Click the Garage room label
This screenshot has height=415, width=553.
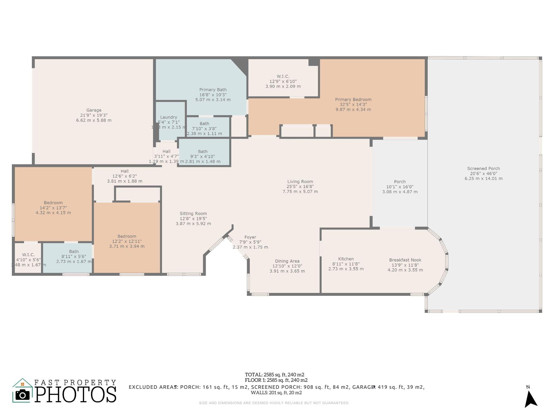pyautogui.click(x=94, y=110)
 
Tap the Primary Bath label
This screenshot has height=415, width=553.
pyautogui.click(x=213, y=90)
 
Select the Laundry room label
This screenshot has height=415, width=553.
pyautogui.click(x=168, y=117)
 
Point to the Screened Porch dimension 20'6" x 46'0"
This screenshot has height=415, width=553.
pyautogui.click(x=483, y=173)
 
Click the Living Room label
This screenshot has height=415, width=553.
pyautogui.click(x=300, y=182)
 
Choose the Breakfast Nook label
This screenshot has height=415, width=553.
pyautogui.click(x=405, y=260)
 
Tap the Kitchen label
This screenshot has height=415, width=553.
pyautogui.click(x=346, y=259)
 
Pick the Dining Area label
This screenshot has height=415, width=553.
pyautogui.click(x=287, y=261)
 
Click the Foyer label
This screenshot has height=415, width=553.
pyautogui.click(x=250, y=237)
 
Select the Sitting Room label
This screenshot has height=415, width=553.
pyautogui.click(x=193, y=213)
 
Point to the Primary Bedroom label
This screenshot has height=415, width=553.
pyautogui.click(x=353, y=99)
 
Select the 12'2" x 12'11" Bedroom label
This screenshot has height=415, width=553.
pyautogui.click(x=127, y=236)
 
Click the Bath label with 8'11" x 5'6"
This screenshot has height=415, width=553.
pyautogui.click(x=74, y=252)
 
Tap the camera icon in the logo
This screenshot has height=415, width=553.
pyautogui.click(x=22, y=395)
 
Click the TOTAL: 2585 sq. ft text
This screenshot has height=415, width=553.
pyautogui.click(x=274, y=375)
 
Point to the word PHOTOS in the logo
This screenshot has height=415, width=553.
pyautogui.click(x=76, y=394)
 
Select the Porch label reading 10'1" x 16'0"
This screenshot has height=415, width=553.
pyautogui.click(x=400, y=182)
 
